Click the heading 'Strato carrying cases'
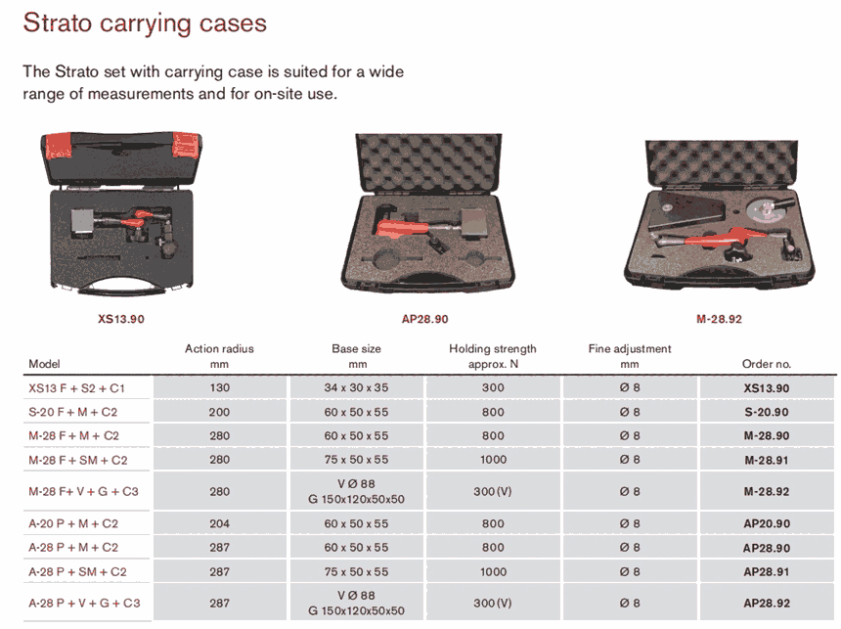[145, 23]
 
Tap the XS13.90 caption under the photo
[121, 319]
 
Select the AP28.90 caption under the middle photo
[424, 319]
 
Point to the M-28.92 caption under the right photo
[719, 319]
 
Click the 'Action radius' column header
[219, 349]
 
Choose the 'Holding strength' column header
[492, 349]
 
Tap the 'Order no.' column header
[767, 364]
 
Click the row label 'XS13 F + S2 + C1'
[76, 388]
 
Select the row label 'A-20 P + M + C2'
[73, 523]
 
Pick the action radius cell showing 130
[220, 387]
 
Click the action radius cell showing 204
[220, 523]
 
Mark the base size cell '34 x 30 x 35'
[356, 387]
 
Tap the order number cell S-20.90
[767, 412]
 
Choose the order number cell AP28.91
[767, 572]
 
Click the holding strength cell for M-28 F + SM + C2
[493, 460]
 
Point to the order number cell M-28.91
[767, 460]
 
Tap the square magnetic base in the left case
[83, 223]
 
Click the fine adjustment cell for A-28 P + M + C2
[630, 548]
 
